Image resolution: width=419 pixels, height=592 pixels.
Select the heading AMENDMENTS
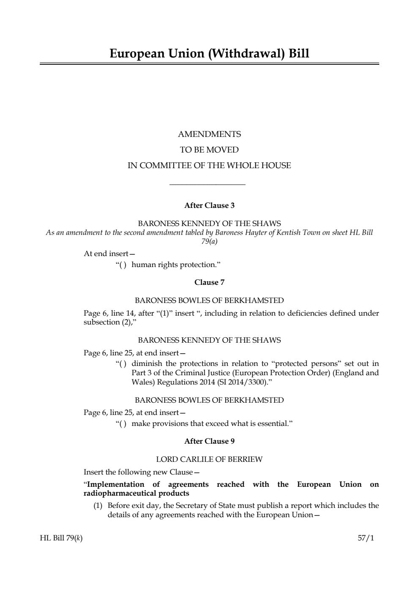coord(209,134)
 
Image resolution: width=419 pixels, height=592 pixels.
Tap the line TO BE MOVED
coord(209,150)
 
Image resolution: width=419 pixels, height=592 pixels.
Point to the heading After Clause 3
coord(209,206)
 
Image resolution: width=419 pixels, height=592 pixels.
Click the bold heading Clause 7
coord(209,282)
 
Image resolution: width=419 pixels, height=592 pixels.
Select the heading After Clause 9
coord(209,441)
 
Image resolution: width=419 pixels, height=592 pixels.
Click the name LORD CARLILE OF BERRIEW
coord(209,459)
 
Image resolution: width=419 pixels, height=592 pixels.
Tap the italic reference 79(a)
coord(209,242)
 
